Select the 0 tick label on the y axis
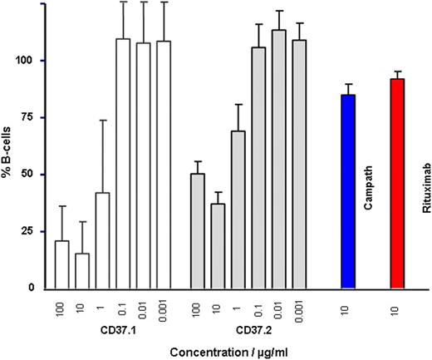click(x=32, y=288)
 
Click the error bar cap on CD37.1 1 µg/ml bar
click(x=102, y=121)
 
